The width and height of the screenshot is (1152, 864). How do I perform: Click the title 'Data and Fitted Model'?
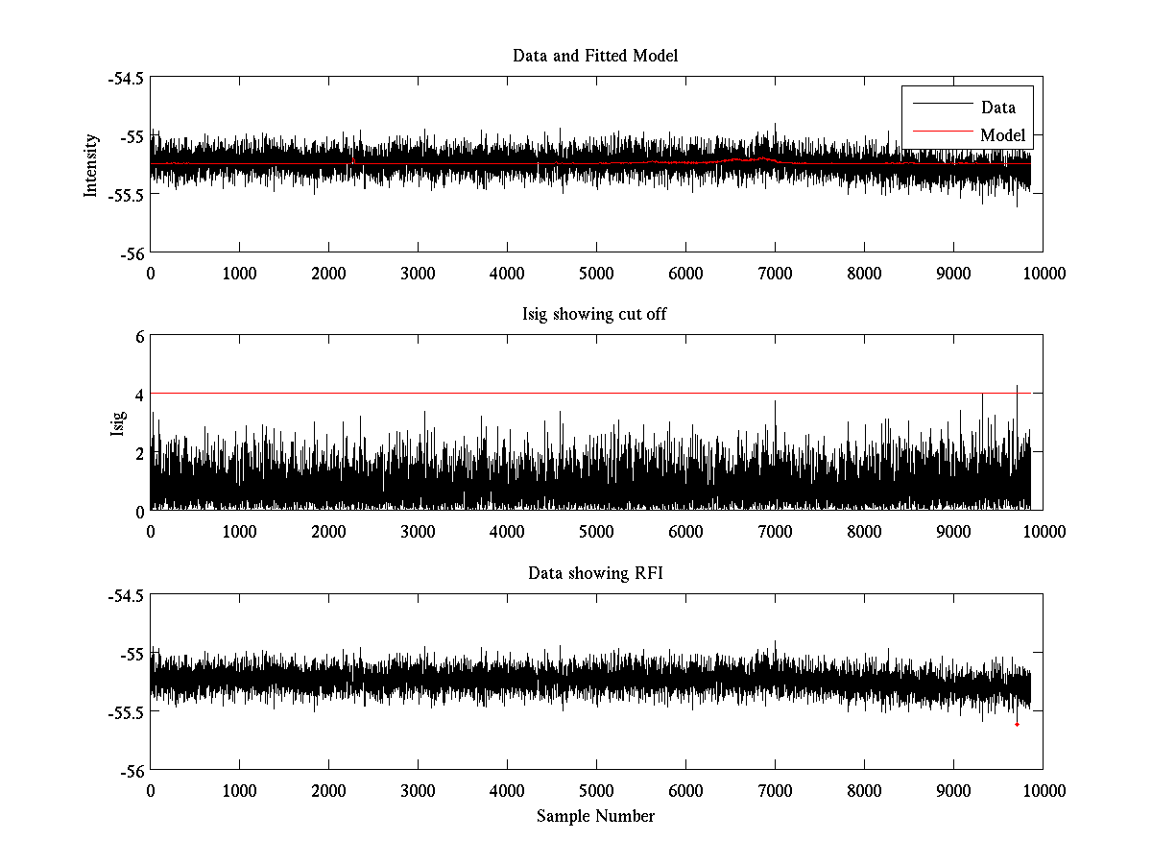(x=595, y=56)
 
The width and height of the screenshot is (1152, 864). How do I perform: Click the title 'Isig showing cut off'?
(x=595, y=315)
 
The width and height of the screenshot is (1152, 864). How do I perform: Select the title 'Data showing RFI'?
(x=595, y=573)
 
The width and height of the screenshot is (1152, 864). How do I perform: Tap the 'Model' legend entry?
(x=1002, y=135)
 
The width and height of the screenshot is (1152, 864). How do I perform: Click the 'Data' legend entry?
(x=997, y=108)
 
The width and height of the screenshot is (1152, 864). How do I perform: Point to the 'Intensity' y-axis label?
(x=92, y=165)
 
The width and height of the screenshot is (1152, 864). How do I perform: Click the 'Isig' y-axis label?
(x=118, y=423)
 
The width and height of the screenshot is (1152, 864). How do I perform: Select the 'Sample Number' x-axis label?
(x=595, y=816)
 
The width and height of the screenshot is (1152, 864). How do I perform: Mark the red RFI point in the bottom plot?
(x=1017, y=725)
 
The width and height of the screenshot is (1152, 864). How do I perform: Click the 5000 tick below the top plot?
(x=596, y=274)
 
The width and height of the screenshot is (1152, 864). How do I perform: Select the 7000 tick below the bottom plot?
(x=775, y=791)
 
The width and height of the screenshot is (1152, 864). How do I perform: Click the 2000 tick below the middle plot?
(x=328, y=532)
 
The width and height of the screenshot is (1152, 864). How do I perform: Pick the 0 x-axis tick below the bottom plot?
(x=151, y=791)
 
